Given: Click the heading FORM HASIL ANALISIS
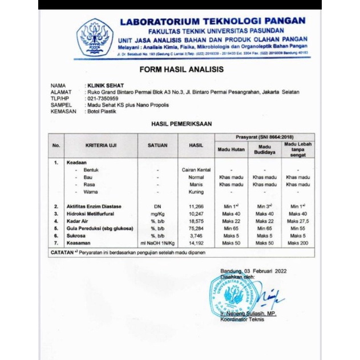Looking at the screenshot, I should click(181, 70).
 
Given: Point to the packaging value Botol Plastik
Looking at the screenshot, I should click(102, 111).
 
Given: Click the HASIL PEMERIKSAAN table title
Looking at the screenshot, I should click(181, 123).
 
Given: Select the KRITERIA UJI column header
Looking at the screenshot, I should click(100, 145).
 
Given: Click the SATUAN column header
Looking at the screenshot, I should click(157, 145).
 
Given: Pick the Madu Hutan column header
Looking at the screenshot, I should click(230, 149).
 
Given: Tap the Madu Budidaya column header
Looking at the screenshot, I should click(265, 149).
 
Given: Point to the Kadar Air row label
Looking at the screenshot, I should click(80, 220).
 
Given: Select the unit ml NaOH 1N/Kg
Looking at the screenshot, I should click(157, 242).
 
